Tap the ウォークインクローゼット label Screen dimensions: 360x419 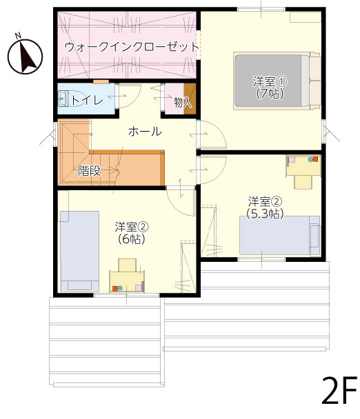tap(132, 48)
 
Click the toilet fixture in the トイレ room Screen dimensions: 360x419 tap(70, 99)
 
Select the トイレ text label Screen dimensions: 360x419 tap(87, 100)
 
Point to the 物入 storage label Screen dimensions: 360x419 tap(183, 102)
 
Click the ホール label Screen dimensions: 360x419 tap(145, 132)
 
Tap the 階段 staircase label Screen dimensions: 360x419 tap(90, 170)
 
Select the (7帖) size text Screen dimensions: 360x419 tap(270, 94)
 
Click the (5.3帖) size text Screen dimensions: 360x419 tap(265, 214)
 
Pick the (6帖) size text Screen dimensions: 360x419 tap(131, 239)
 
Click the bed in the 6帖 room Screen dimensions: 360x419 tap(80, 252)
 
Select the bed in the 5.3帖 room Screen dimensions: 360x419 tap(279, 236)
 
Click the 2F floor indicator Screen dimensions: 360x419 tap(339, 391)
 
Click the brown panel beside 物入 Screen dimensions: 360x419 tap(190, 99)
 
